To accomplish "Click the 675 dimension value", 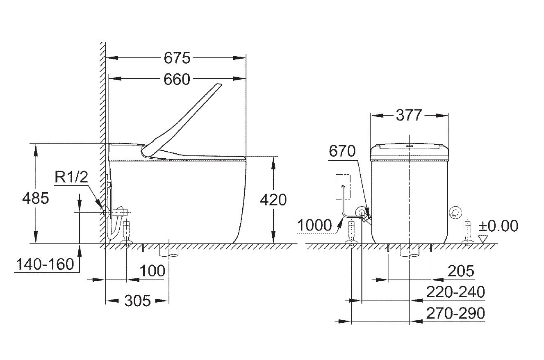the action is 177,58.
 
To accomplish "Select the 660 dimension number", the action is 177,79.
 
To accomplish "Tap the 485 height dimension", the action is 35,198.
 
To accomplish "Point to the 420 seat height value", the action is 273,200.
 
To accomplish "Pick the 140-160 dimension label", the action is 45,264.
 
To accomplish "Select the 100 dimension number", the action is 153,271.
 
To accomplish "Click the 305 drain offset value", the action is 137,301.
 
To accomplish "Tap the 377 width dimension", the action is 409,115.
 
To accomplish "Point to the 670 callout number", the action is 342,151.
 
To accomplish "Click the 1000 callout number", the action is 314,225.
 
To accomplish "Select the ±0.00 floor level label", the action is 498,226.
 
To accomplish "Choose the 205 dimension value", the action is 461,271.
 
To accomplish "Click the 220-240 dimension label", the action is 455,292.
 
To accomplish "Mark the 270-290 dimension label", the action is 455,313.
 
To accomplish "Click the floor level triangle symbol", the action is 483,239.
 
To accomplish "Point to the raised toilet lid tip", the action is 219,84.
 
